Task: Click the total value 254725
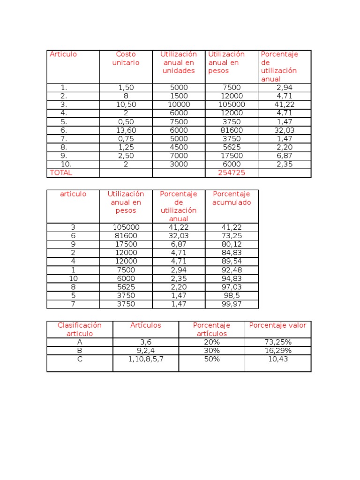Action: (231, 173)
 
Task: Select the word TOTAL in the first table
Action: (61, 173)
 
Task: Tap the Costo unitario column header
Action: (126, 59)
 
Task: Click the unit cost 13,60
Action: (126, 130)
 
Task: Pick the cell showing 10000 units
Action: (179, 105)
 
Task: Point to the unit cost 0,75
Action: (126, 139)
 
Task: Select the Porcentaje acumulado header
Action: (232, 198)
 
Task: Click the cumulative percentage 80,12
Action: (231, 244)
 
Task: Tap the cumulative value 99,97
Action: (231, 304)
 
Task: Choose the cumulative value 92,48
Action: (231, 270)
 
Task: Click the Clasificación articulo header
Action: (79, 330)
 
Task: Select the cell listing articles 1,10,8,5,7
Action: (146, 359)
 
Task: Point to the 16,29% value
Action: (278, 351)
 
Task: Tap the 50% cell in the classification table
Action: (211, 359)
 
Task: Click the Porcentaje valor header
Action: (277, 325)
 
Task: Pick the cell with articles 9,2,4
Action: (146, 351)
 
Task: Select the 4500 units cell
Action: (179, 147)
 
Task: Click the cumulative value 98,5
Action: (232, 295)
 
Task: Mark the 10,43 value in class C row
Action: (278, 359)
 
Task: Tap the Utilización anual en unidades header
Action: (179, 62)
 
